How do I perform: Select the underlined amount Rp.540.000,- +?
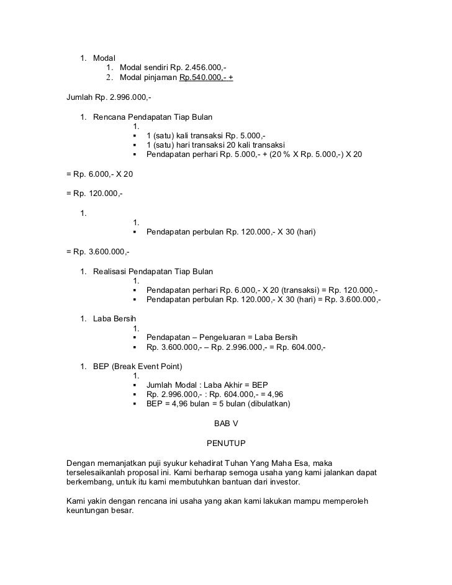coord(206,79)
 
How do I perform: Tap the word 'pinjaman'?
coord(160,79)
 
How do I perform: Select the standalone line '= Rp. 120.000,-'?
coord(94,194)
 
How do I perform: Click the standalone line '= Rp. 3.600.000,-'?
coord(97,252)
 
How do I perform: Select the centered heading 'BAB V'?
coord(226,424)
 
